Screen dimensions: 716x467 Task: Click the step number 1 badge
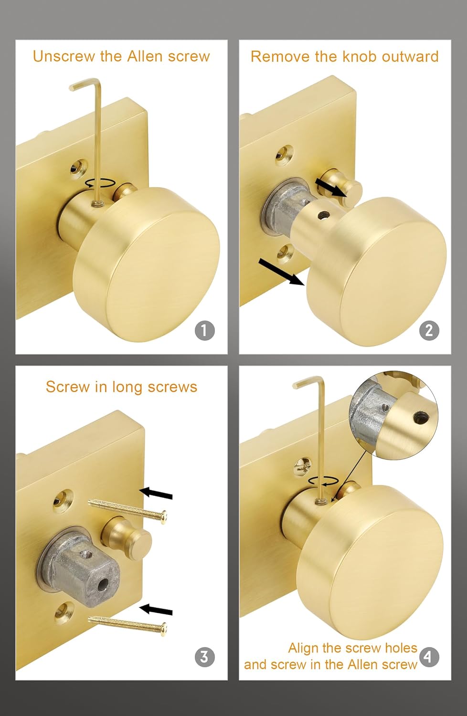tap(204, 330)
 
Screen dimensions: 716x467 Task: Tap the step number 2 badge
tap(428, 330)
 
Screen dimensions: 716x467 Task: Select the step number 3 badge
tap(204, 657)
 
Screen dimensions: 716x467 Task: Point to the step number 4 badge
tap(428, 657)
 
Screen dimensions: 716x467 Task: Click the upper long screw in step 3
tap(129, 509)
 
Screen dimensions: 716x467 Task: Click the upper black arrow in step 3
tap(156, 493)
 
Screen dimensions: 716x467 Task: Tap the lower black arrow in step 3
tap(156, 610)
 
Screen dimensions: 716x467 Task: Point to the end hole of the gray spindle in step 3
tap(102, 584)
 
